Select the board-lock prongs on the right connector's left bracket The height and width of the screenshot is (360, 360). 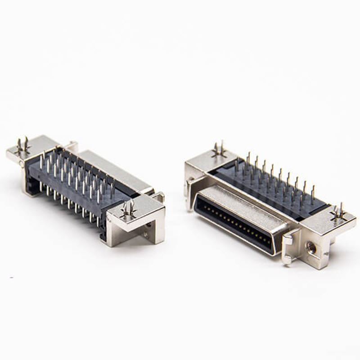point(219,150)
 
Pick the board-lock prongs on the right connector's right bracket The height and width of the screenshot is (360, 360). point(338,212)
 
